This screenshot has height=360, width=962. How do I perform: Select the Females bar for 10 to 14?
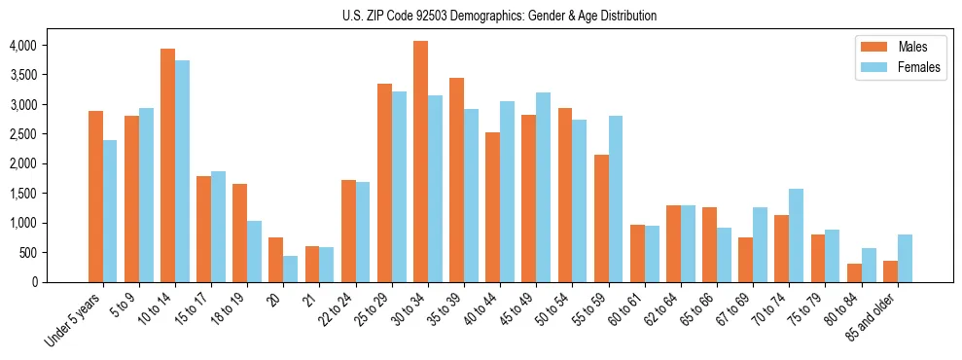tap(183, 171)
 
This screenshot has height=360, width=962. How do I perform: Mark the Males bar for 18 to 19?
tap(240, 233)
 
